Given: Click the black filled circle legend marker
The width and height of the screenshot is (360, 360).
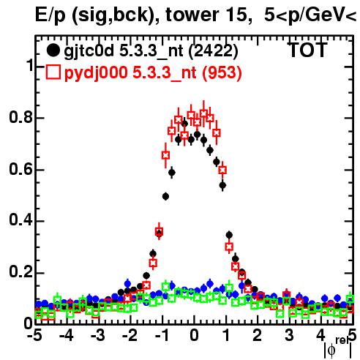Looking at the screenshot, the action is [x=53, y=50].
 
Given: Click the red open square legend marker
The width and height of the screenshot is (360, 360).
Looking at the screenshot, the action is [x=53, y=72].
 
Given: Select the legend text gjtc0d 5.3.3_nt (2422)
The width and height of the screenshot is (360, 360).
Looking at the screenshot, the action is [x=151, y=51].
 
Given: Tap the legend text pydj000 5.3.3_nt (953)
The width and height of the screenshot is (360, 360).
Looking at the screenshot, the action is [x=153, y=72].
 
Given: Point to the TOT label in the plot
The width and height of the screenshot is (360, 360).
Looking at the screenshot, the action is [x=307, y=50].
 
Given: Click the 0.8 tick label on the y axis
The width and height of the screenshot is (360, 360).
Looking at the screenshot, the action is [x=20, y=117].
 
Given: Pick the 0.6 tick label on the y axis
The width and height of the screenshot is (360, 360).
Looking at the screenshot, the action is [x=20, y=169].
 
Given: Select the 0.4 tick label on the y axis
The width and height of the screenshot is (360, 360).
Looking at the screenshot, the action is [x=20, y=220].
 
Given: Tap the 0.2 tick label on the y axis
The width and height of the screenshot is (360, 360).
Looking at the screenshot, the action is [x=20, y=272].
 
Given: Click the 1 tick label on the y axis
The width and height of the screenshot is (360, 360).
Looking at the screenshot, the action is [x=29, y=65].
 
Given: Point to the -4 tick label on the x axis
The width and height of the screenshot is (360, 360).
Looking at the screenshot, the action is [x=66, y=336].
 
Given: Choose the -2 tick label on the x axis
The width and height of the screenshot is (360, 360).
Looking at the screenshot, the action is [x=130, y=336].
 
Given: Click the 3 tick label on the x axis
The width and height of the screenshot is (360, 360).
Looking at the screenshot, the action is [x=289, y=336].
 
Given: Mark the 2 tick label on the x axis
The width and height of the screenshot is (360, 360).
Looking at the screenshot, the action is [x=258, y=336].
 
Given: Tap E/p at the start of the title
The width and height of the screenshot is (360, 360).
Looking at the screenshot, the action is [x=50, y=15].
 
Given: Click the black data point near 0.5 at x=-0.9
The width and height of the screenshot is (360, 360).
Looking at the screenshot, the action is [x=165, y=196].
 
